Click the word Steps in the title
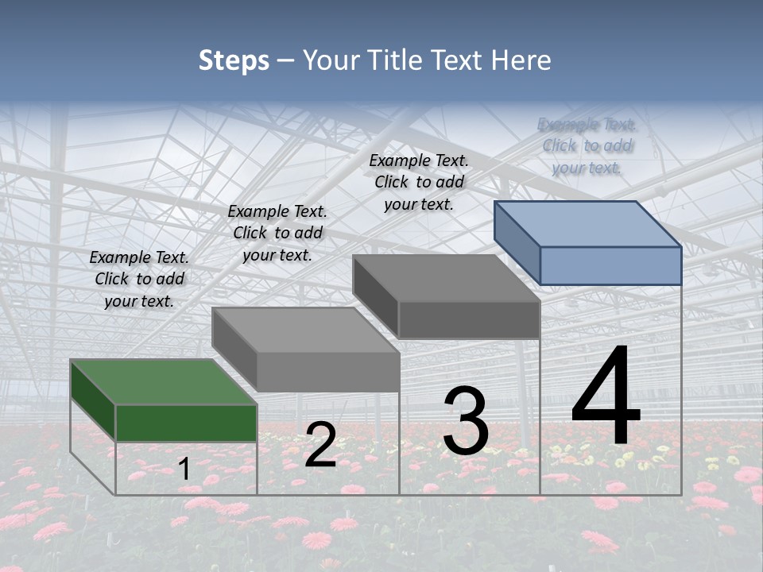[x=234, y=61]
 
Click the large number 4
[x=606, y=397]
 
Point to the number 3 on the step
[x=466, y=421]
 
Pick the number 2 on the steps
[x=320, y=445]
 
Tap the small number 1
[x=184, y=469]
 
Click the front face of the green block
[x=186, y=423]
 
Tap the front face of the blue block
[x=610, y=265]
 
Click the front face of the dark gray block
[x=469, y=319]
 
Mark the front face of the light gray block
[x=327, y=372]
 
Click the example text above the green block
[x=139, y=279]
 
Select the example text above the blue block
[x=587, y=145]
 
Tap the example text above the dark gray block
[x=419, y=182]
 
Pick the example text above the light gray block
[x=277, y=233]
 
